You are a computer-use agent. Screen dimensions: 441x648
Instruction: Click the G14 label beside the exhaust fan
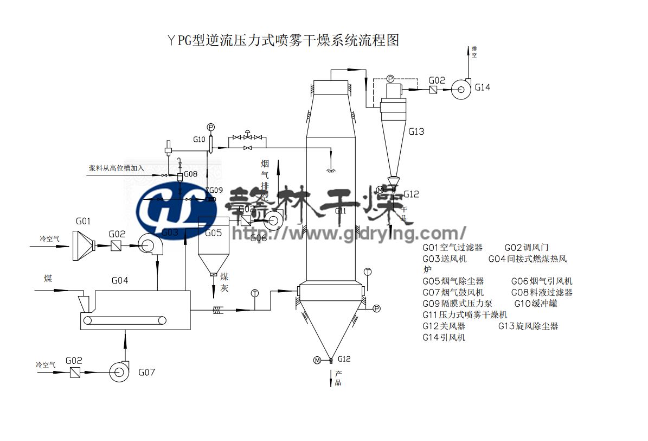[482, 87]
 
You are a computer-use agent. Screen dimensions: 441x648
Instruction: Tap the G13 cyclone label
[416, 131]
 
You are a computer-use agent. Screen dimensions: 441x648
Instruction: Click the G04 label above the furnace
[120, 280]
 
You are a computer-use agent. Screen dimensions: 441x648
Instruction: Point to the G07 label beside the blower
[146, 372]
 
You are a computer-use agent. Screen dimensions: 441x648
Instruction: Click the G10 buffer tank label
[199, 140]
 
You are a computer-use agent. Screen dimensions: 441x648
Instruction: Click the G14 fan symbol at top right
[461, 89]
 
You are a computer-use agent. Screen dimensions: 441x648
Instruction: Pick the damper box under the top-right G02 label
[433, 90]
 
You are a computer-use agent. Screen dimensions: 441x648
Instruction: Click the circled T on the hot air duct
[255, 293]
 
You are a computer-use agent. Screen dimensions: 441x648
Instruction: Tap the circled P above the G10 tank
[211, 127]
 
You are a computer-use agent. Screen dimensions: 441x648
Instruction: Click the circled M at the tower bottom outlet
[317, 360]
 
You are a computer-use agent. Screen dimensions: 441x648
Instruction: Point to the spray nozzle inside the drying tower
[330, 169]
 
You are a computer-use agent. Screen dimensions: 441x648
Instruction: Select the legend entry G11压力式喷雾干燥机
[465, 314]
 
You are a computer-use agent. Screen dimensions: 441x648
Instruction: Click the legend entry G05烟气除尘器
[453, 281]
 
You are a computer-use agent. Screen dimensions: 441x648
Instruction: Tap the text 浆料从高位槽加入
[117, 168]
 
